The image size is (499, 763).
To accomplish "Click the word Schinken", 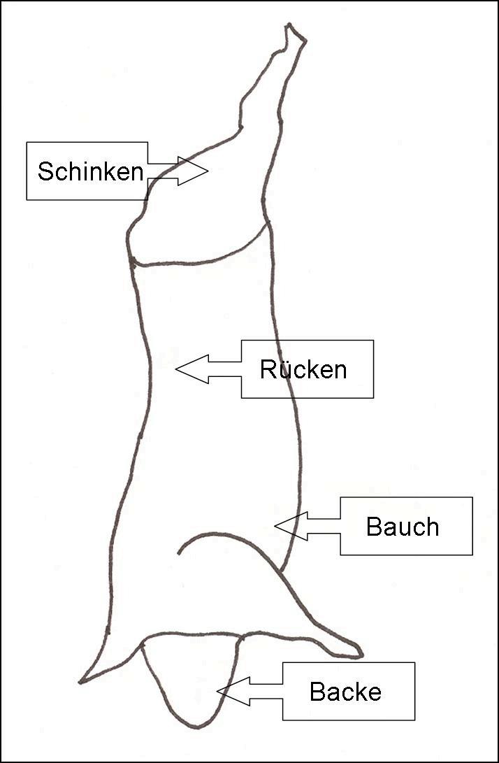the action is click(90, 171).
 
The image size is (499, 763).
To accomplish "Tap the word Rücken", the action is click(303, 369).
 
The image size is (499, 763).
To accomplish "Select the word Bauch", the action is click(403, 527).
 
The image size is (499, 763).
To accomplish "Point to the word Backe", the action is click(345, 692).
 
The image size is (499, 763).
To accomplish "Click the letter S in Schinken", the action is click(45, 171).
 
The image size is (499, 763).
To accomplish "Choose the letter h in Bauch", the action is click(431, 527).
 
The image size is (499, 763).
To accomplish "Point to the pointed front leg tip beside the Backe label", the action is click(358, 655).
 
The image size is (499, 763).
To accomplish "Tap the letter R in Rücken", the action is click(268, 369).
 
